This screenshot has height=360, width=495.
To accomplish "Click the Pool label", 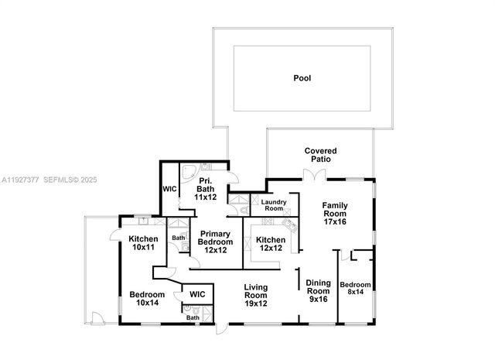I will (302, 78).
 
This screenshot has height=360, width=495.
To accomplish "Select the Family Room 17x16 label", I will (335, 213).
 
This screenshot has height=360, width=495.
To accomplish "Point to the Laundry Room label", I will (275, 205).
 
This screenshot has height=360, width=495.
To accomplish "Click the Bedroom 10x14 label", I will (146, 299).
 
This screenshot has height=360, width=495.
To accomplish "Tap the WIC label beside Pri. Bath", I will (169, 189).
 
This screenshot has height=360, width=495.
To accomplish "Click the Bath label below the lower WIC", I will (193, 317).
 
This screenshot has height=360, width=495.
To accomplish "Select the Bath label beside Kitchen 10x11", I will (179, 238).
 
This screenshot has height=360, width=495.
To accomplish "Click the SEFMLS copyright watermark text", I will (62, 180).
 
